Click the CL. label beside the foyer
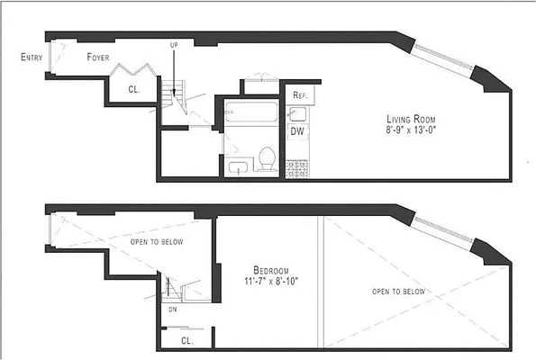point(134,88)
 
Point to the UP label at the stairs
point(174,44)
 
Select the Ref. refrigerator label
point(299,95)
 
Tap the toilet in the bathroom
point(267,157)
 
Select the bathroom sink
point(239,166)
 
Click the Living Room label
point(413,119)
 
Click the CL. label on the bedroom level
point(186,340)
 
